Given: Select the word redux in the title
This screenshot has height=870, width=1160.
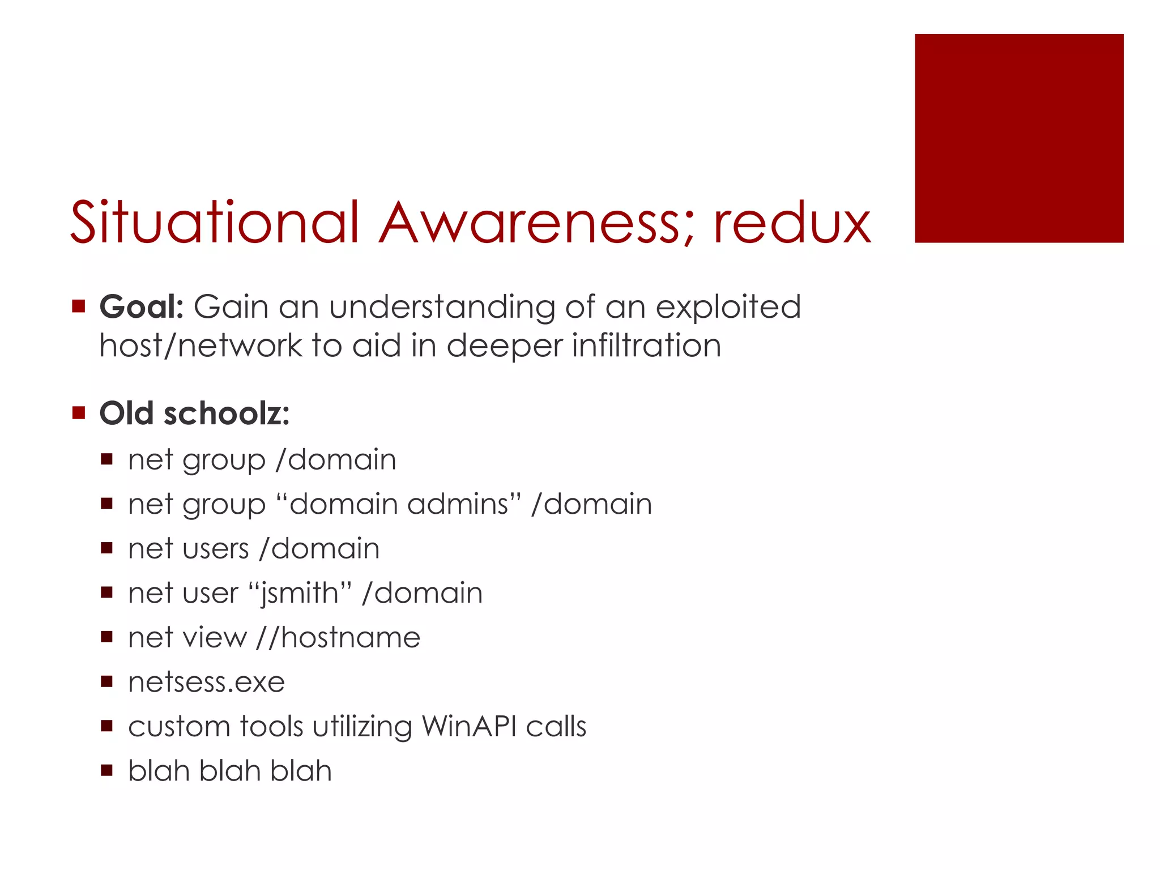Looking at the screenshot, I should click(792, 223).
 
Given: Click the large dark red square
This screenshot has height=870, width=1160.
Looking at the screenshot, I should click(1018, 138).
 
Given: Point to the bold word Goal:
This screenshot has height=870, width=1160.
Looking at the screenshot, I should click(142, 307).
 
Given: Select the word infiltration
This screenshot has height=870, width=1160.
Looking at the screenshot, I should click(646, 345).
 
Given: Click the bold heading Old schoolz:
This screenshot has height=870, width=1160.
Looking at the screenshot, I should click(194, 413).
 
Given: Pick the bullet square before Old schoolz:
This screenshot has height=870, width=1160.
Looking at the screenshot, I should click(79, 412).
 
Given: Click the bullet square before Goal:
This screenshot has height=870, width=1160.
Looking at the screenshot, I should click(79, 307).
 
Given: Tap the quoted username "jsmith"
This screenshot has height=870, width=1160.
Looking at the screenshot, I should click(300, 593).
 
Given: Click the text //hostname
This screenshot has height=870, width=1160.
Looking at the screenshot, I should click(338, 638).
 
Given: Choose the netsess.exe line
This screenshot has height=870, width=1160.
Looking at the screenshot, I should click(206, 682).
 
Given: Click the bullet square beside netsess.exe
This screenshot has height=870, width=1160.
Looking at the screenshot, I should click(107, 681).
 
